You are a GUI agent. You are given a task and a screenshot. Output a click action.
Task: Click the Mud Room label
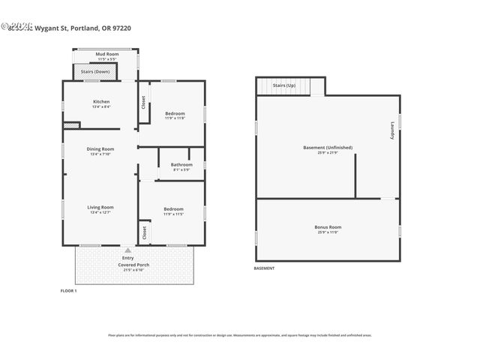point(106,55)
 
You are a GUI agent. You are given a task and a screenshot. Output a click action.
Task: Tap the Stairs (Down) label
point(95,72)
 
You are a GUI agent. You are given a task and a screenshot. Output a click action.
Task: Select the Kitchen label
point(101,102)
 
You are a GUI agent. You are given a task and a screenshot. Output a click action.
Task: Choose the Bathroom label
point(181,165)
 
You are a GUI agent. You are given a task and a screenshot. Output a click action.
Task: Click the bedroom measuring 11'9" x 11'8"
point(175,114)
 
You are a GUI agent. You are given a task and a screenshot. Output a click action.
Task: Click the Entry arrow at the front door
point(127,250)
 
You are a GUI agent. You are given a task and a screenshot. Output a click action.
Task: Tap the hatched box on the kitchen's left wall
point(71,125)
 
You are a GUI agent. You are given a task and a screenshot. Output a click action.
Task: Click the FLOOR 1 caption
point(68,289)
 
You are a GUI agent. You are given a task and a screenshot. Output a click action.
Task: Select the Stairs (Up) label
point(283,86)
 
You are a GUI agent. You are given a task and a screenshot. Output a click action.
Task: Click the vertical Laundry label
point(391,131)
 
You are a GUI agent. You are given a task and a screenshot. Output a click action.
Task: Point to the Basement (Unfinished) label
point(327,148)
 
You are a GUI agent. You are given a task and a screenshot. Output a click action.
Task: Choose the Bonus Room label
point(327,226)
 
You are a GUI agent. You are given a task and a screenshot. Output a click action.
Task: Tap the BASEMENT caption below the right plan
point(265,268)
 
